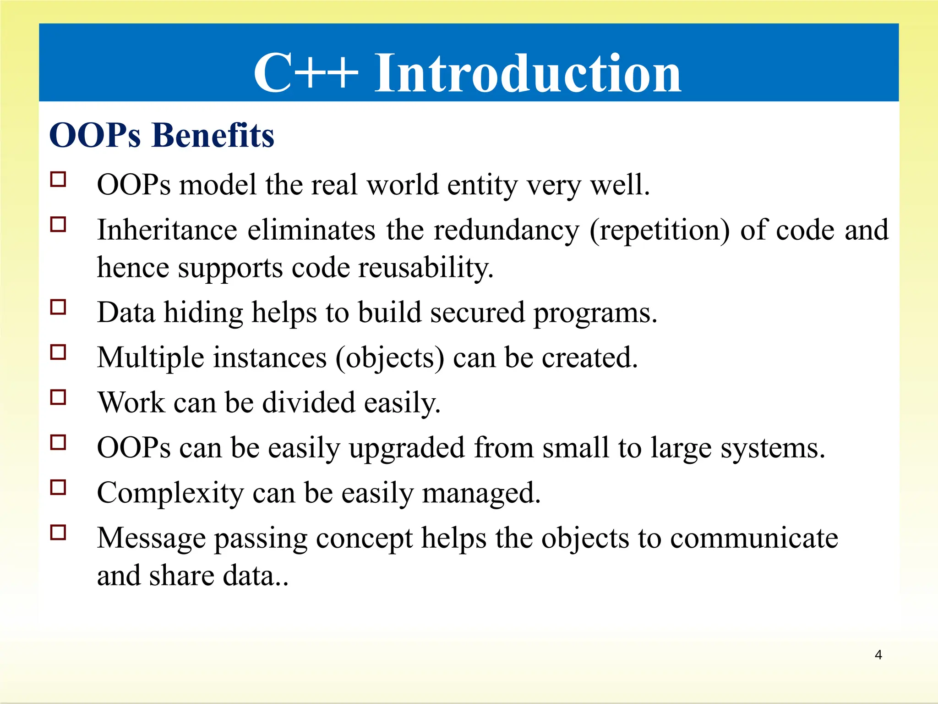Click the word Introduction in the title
(528, 73)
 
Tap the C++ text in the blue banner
(305, 73)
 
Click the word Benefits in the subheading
(213, 136)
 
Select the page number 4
(878, 655)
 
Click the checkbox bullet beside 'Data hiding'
(58, 307)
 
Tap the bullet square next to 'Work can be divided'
(58, 397)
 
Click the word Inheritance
(167, 230)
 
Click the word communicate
(754, 538)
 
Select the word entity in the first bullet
(482, 186)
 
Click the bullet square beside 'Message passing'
(58, 533)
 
